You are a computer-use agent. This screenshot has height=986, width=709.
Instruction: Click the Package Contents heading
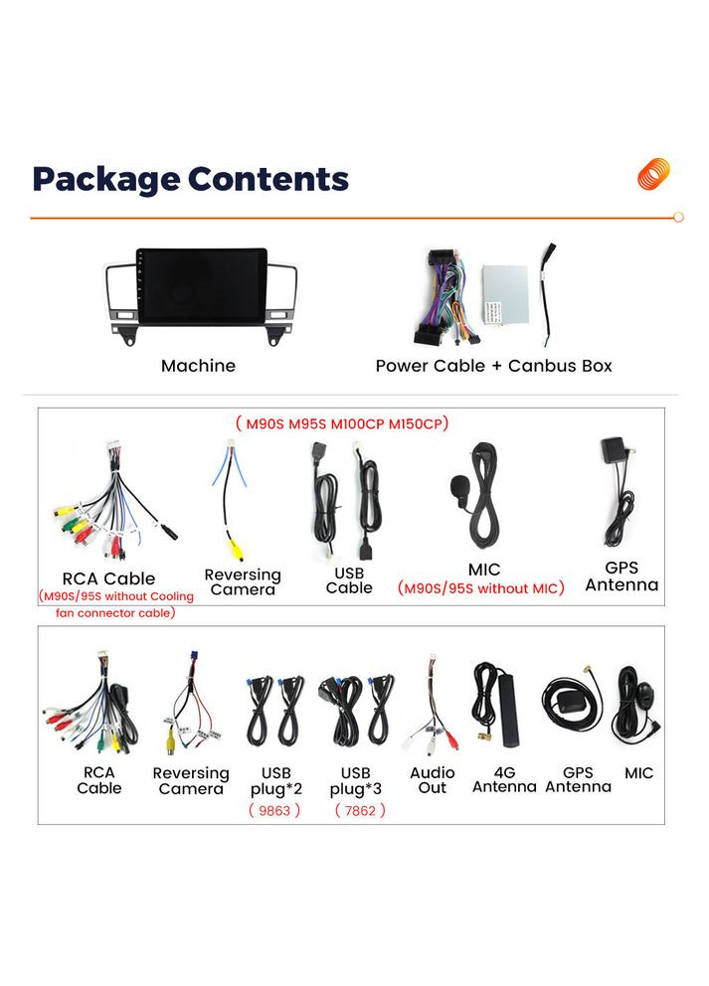(190, 179)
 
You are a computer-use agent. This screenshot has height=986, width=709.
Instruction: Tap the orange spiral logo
(653, 174)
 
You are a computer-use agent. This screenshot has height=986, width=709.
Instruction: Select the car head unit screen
(203, 285)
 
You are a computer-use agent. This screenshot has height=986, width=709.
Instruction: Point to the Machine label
(198, 366)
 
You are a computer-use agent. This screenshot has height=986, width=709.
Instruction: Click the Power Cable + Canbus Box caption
(493, 366)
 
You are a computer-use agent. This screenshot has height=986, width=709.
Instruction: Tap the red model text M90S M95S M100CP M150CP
(342, 423)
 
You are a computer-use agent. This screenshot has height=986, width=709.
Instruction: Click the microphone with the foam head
(459, 487)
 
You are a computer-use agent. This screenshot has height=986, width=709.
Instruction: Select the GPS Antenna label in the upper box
(621, 576)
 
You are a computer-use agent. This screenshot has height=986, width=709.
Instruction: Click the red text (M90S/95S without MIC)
(481, 588)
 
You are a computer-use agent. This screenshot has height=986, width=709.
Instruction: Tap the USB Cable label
(349, 580)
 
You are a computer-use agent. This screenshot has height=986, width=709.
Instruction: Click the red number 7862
(359, 810)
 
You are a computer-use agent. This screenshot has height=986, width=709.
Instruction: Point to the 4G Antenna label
(504, 779)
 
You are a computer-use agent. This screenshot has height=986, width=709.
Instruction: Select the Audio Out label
(433, 779)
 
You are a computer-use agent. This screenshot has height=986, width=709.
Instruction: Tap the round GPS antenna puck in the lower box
(569, 703)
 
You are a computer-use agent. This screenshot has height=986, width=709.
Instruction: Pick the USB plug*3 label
(355, 779)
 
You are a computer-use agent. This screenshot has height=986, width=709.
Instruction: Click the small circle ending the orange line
(678, 217)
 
